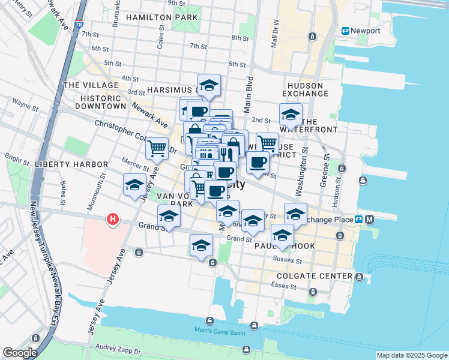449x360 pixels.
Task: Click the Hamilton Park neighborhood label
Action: point(161,17)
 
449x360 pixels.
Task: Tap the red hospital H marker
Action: point(112,220)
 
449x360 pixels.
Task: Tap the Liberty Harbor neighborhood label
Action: point(71,164)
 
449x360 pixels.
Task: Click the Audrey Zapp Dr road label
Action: point(118,349)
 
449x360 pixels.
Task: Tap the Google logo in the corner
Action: point(20,353)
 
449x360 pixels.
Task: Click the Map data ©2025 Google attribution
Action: point(412,355)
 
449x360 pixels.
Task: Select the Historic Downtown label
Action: point(101,102)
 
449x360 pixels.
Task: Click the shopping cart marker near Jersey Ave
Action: point(157,148)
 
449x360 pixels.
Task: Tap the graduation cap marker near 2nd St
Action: point(291,113)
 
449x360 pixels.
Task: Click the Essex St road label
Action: point(285,287)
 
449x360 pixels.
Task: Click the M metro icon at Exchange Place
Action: point(369,219)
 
